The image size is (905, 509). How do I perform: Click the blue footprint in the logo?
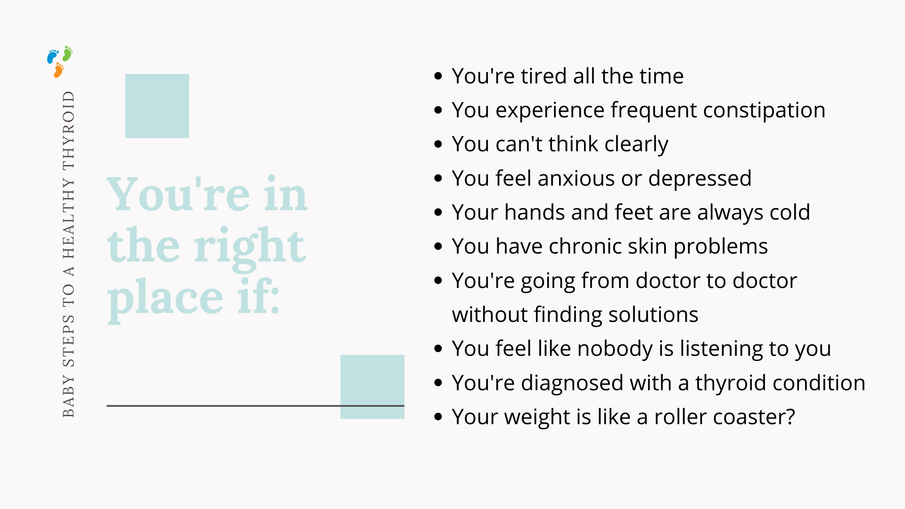52,57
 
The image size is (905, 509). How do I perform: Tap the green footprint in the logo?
68,54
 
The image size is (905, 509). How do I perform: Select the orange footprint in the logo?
58,70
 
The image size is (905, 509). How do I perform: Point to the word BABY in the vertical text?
69,396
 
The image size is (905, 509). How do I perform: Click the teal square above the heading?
157,106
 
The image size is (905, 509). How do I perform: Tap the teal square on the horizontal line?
372,387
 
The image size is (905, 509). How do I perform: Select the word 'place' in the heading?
165,300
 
